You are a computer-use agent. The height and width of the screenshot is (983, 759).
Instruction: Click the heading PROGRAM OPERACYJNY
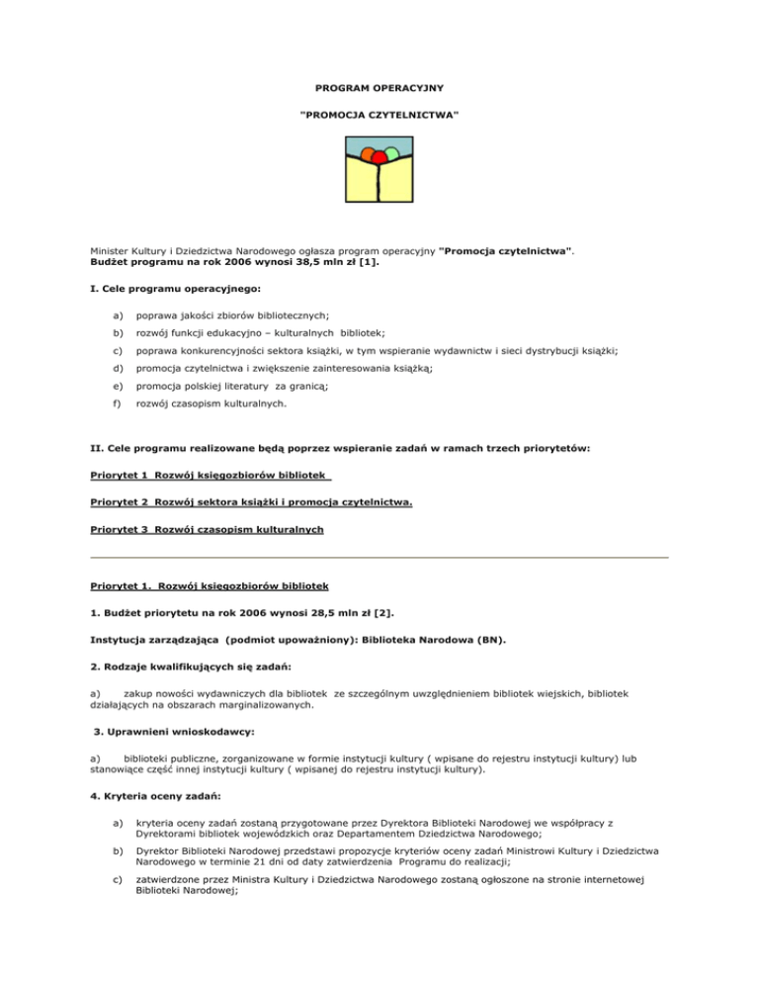[x=379, y=88]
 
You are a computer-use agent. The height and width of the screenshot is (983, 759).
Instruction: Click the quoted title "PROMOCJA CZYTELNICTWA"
[x=379, y=117]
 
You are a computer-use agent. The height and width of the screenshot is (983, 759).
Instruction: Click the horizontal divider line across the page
[x=379, y=557]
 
